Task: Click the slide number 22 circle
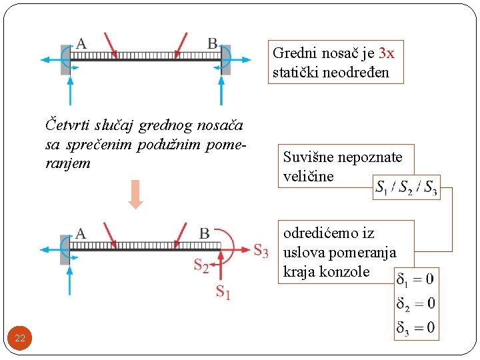pyautogui.click(x=20, y=339)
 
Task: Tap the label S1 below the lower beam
pyautogui.click(x=223, y=292)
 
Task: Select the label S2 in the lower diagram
pyautogui.click(x=201, y=265)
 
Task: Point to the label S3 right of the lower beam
pyautogui.click(x=261, y=251)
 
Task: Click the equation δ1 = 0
pyautogui.click(x=415, y=278)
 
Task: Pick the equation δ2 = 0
pyautogui.click(x=415, y=303)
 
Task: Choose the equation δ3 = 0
pyautogui.click(x=415, y=327)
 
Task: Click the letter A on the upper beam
pyautogui.click(x=81, y=45)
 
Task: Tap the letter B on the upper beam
pyautogui.click(x=212, y=44)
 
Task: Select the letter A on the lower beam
pyautogui.click(x=81, y=233)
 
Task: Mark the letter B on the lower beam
pyautogui.click(x=204, y=233)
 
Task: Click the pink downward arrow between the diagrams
pyautogui.click(x=136, y=194)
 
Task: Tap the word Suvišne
pyautogui.click(x=310, y=158)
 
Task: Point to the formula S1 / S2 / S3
pyautogui.click(x=406, y=187)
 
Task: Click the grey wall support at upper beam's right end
pyautogui.click(x=227, y=61)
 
